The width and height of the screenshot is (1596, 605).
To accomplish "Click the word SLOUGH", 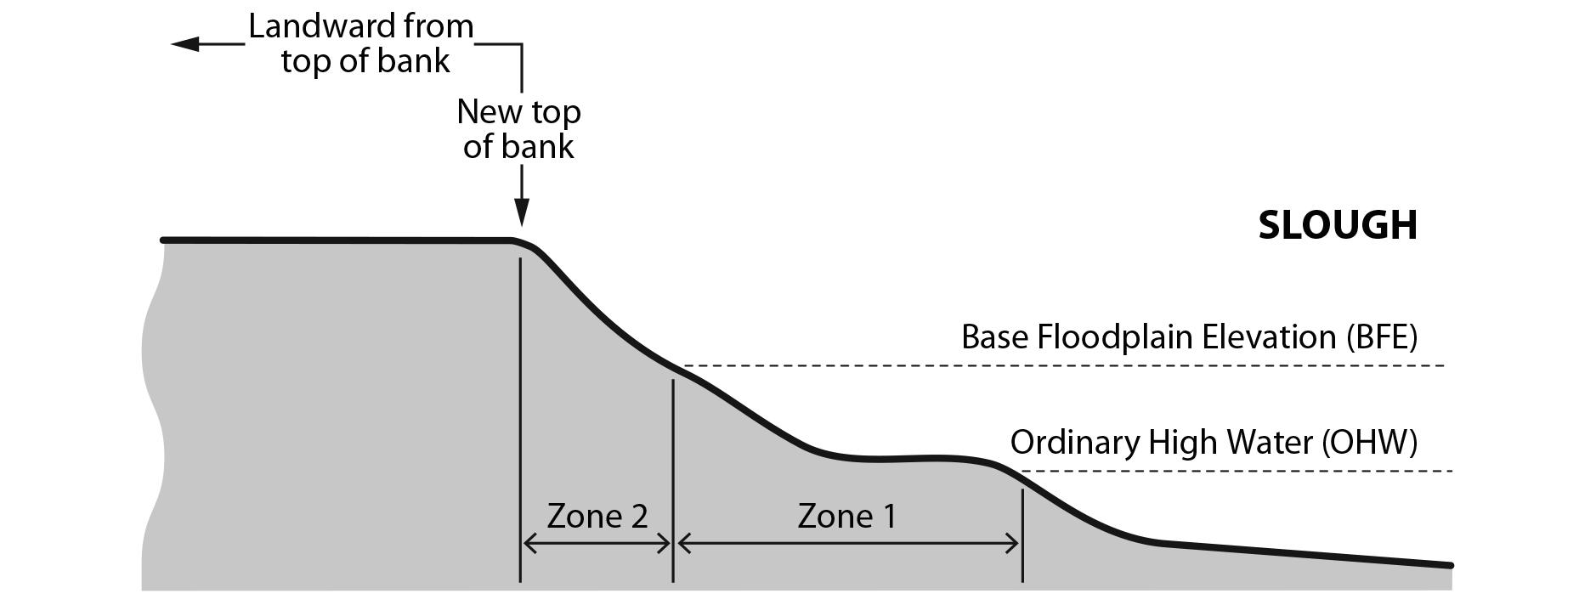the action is (1337, 225).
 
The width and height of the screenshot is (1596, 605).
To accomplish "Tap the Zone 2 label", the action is (597, 516).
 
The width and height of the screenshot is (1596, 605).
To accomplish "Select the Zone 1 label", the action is (846, 516).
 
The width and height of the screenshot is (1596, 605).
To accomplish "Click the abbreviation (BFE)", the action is (1382, 337).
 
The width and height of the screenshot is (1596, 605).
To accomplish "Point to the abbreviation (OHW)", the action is (1369, 443).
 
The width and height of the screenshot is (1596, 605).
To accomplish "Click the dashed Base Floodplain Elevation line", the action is (1062, 365).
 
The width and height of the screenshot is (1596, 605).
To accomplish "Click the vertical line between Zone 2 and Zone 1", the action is (673, 476).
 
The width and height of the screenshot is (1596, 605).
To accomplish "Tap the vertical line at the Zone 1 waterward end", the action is (1022, 535).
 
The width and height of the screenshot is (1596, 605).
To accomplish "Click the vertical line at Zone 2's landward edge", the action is (520, 425).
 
